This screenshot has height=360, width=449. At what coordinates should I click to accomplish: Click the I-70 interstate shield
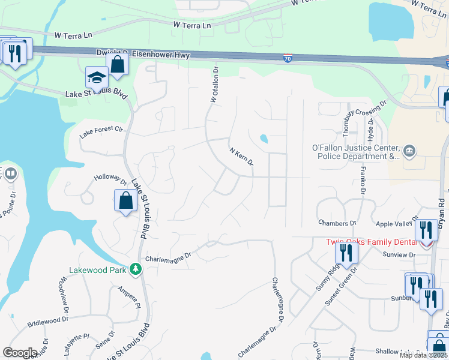[x=288, y=58]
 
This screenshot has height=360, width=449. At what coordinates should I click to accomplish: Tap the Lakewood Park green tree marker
[x=136, y=269]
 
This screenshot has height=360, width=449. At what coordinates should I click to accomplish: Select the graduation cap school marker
[x=95, y=78]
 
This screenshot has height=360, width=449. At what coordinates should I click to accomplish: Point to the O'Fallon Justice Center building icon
[x=409, y=150]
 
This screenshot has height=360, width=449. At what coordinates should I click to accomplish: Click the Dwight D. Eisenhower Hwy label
[x=143, y=54]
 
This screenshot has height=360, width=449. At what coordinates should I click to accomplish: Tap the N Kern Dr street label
[x=242, y=155]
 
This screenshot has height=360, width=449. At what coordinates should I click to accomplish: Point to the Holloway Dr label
[x=111, y=179]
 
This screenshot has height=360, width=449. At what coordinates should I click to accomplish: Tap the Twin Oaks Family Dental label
[x=372, y=242]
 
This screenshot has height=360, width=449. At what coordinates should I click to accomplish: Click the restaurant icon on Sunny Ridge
[x=346, y=252]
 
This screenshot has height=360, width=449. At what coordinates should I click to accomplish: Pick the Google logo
[x=20, y=352]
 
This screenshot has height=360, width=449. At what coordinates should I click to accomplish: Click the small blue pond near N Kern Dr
[x=264, y=139]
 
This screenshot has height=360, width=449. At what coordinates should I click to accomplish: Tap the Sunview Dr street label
[x=399, y=255]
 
